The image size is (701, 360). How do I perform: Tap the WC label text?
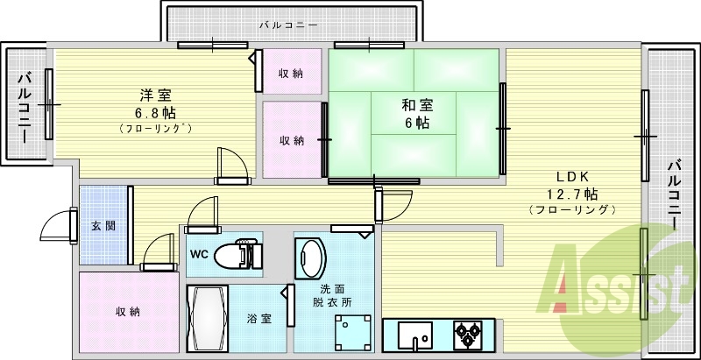pos(199,255)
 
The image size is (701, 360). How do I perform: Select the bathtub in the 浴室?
pos(207,318)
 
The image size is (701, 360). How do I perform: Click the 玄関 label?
pos(103,225)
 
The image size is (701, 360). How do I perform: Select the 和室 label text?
pos(416,105)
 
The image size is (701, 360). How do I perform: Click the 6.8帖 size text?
pos(154,112)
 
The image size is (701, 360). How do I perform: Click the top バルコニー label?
pos(288,25)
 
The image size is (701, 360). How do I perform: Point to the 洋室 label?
pos(154,95)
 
